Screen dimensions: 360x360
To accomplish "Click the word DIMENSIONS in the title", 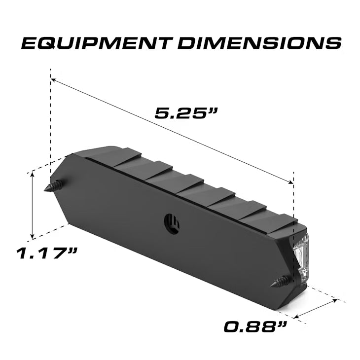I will pos(259,43).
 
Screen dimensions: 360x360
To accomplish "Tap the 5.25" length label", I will pos(186,113).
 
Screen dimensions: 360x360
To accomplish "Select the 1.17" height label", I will pos(47,254).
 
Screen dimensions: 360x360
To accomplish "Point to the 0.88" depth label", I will pos(255,326).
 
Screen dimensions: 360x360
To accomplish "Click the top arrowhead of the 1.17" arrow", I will pos(33,175).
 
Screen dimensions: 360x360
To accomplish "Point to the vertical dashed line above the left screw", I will pos(50,128).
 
